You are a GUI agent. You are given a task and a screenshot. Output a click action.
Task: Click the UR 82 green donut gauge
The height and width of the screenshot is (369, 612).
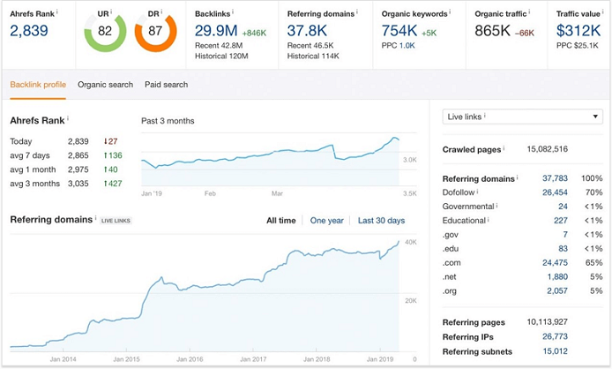click(x=105, y=31)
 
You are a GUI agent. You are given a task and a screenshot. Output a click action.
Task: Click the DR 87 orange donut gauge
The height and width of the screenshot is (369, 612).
click(x=156, y=31)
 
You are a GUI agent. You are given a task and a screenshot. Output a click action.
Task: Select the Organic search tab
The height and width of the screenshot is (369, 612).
click(x=105, y=85)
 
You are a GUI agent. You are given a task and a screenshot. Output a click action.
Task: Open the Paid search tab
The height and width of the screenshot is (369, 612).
click(x=166, y=85)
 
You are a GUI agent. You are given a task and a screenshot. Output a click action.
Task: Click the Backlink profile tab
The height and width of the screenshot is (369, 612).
click(x=38, y=85)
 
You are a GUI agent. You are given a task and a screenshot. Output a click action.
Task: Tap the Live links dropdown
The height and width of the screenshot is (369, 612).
click(x=522, y=117)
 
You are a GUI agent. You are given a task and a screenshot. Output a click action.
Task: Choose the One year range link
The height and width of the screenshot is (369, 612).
click(x=327, y=221)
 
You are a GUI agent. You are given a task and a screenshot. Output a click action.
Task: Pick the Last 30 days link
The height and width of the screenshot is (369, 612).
click(x=381, y=221)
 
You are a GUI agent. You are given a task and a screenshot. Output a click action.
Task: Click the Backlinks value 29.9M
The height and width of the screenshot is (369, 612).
click(x=214, y=31)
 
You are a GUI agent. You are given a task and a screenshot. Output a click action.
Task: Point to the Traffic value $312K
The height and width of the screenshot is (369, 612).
click(x=578, y=31)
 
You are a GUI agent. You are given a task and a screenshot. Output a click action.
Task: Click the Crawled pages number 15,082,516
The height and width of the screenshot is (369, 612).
click(x=547, y=149)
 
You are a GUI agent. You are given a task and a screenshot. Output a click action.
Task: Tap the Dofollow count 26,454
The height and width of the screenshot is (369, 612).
click(x=555, y=192)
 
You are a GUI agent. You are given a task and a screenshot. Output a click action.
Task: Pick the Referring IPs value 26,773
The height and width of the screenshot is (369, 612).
click(x=555, y=336)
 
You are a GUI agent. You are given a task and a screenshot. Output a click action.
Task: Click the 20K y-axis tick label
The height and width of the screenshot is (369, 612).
click(x=410, y=301)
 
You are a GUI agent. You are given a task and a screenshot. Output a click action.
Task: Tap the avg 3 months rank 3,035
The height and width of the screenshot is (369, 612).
click(x=79, y=184)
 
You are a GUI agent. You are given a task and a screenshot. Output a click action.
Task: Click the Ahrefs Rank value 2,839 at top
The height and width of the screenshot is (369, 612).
click(x=29, y=31)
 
